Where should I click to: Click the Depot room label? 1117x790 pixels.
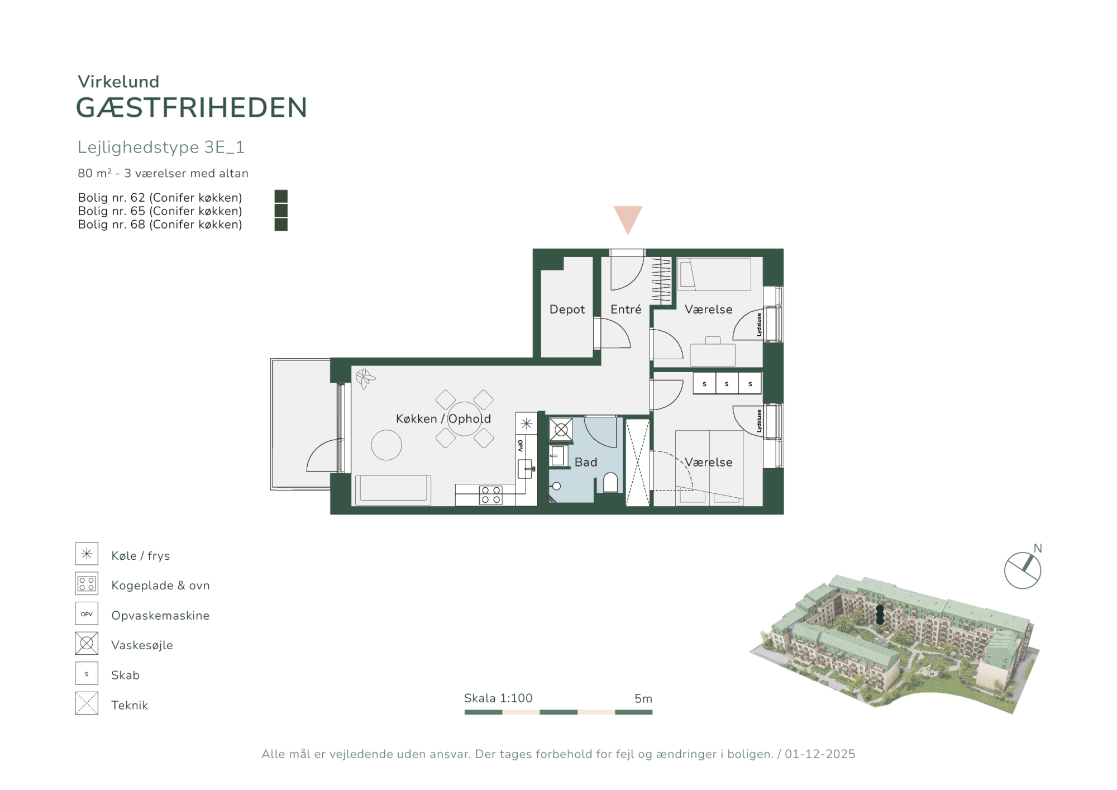tap(567, 309)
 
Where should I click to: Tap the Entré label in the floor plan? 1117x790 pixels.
tap(626, 309)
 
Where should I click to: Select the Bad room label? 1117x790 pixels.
tap(586, 462)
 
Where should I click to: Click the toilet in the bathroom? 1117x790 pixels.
tap(610, 483)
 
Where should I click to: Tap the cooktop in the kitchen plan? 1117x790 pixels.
tap(490, 495)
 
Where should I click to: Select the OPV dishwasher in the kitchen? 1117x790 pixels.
tap(520, 445)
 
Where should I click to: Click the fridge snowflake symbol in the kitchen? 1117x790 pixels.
tap(526, 423)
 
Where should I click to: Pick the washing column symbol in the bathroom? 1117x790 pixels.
tap(561, 430)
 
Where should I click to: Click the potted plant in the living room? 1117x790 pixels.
tap(365, 378)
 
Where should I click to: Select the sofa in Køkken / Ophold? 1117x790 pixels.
tap(393, 490)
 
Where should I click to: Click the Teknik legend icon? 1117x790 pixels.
tap(87, 703)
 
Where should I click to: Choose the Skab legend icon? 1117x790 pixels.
tap(87, 673)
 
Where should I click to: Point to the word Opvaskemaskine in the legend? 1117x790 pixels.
tap(160, 615)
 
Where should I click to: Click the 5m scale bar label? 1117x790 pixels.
tap(643, 698)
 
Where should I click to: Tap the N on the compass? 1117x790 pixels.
tap(1038, 548)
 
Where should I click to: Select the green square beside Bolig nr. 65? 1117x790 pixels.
tap(281, 210)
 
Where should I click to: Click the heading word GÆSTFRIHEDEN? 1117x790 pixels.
tap(192, 107)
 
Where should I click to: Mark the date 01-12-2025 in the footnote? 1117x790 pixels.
tap(820, 754)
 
